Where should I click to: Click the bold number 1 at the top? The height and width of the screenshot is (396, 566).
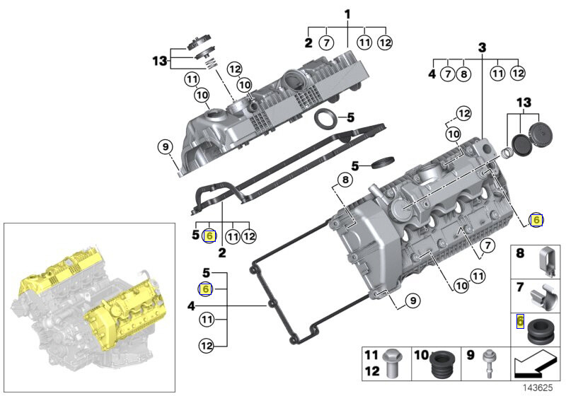click(x=347, y=14)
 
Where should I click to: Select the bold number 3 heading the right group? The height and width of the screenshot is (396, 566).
click(x=483, y=48)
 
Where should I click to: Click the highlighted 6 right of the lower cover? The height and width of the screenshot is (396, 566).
click(x=536, y=220)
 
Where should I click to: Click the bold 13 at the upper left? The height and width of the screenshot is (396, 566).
click(x=159, y=61)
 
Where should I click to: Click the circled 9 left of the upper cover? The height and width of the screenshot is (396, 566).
click(x=165, y=147)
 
